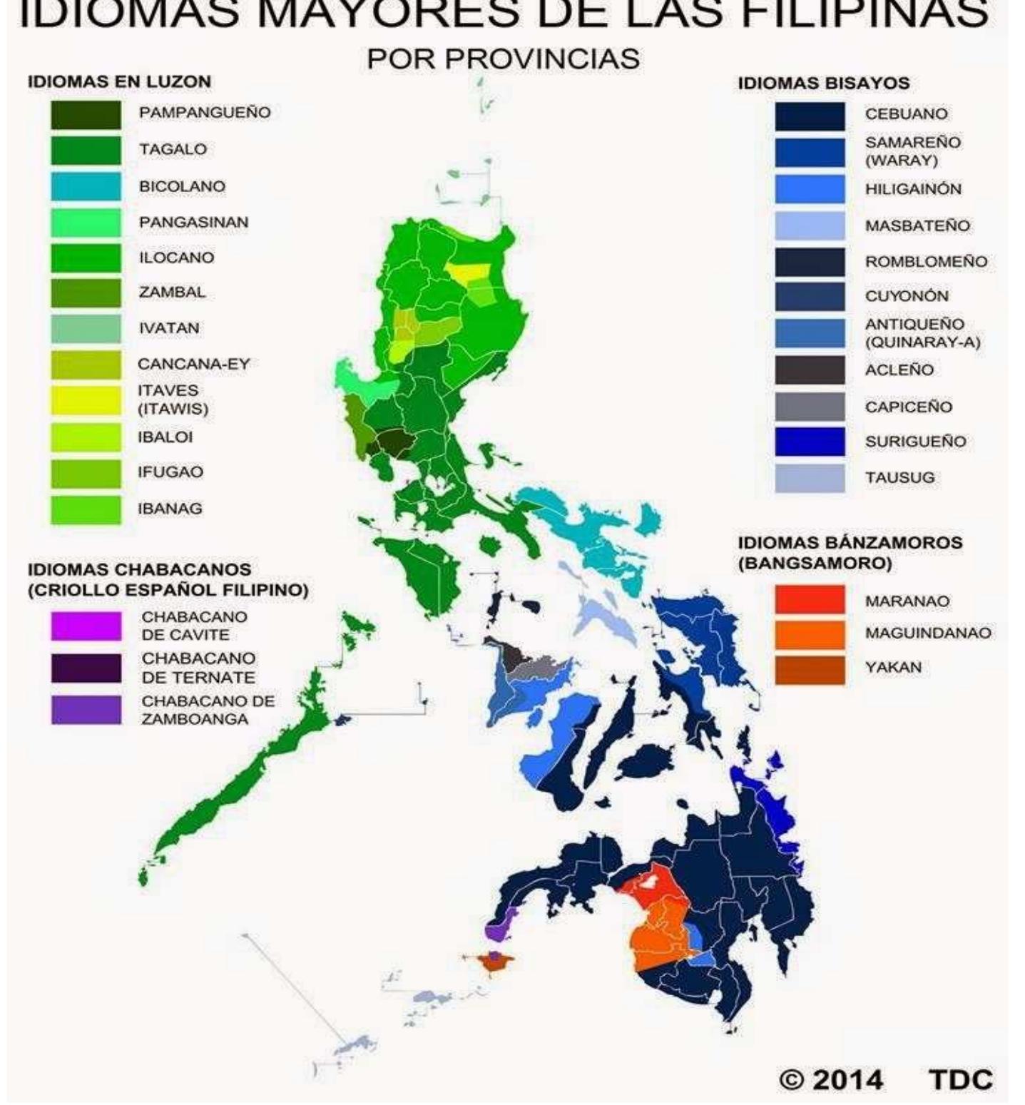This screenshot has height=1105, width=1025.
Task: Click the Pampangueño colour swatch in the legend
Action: pos(86,114)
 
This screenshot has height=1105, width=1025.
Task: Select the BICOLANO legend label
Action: pos(182,186)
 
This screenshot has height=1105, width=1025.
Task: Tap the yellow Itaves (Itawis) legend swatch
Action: pos(86,400)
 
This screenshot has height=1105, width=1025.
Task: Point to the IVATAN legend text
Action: pos(169,328)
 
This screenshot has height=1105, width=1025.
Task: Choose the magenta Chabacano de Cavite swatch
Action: pos(86,626)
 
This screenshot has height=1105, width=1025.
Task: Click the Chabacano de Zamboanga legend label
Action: pos(208,710)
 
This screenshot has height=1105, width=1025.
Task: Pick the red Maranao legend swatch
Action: pos(809,599)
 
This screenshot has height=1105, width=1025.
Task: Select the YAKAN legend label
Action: pos(893,667)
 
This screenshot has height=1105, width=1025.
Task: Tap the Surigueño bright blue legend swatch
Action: pos(809,442)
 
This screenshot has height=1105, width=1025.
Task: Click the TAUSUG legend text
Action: pos(899,477)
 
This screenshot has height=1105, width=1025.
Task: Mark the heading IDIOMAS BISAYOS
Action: pos(823,83)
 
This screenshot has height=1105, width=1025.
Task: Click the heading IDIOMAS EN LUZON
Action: pos(119,81)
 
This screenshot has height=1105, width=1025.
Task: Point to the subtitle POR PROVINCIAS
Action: pos(503,59)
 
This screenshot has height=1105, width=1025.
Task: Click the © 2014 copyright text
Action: pos(830,1079)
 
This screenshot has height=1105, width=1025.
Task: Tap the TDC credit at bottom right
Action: pos(960,1079)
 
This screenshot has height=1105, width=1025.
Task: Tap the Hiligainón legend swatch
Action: pos(809,189)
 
